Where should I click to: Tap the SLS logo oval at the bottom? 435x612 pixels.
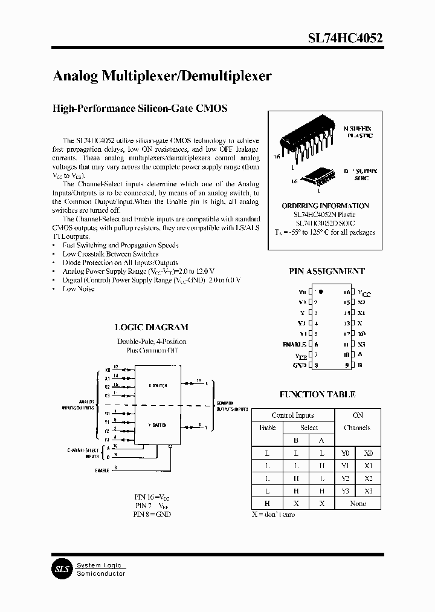(60, 569)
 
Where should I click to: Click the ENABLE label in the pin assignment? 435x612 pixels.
(295, 344)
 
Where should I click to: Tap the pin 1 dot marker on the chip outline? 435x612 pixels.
(321, 291)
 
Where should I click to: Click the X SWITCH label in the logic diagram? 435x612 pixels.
(157, 385)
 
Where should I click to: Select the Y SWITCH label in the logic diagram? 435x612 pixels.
(157, 425)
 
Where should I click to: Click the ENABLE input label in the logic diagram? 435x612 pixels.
(102, 469)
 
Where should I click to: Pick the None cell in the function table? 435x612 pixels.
(357, 503)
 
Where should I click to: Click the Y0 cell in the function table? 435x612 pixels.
(345, 452)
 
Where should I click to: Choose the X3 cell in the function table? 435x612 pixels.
(369, 490)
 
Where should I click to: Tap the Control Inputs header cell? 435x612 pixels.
(292, 415)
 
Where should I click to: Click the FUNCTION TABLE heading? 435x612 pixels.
(317, 394)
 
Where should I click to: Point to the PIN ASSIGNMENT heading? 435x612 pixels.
(326, 272)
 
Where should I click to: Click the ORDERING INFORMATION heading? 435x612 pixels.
(325, 206)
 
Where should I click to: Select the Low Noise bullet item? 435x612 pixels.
(79, 289)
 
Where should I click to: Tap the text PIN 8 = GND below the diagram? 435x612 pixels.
(152, 514)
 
